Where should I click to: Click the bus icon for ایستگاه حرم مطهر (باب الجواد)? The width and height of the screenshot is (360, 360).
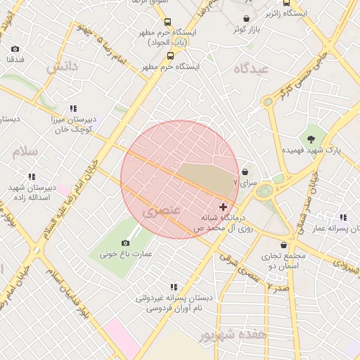(166, 21)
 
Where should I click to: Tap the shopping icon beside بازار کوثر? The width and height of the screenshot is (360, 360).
(246, 18)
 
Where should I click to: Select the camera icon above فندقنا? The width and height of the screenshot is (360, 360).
(15, 49)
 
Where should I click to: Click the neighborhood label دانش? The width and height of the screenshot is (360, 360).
(61, 67)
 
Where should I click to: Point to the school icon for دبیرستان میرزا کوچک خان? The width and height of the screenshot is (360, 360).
(72, 108)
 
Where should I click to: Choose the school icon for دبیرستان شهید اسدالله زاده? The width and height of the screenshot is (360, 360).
(32, 176)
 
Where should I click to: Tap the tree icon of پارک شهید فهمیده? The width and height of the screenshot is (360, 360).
(311, 139)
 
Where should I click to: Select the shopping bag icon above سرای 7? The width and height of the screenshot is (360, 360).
(245, 171)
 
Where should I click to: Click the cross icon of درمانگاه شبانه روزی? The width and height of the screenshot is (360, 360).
(224, 207)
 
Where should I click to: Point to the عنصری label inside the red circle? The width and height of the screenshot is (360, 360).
(162, 210)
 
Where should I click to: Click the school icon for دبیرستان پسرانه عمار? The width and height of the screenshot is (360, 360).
(342, 218)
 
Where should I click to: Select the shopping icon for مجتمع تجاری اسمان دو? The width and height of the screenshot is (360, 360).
(283, 245)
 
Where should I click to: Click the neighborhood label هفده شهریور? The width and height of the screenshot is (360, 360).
(233, 335)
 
